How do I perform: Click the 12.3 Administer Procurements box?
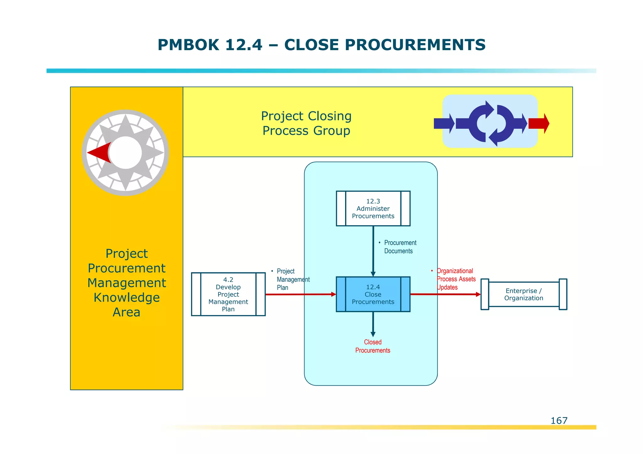tap(373, 208)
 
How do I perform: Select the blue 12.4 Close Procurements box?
tap(373, 294)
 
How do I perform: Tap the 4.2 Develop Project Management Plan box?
tap(228, 294)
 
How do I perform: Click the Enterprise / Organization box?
tap(524, 294)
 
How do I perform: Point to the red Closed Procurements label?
tap(373, 346)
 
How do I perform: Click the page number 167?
tap(559, 421)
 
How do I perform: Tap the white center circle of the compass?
tap(126, 153)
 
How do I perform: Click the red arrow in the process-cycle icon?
tap(539, 123)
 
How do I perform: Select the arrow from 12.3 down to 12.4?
tap(373, 251)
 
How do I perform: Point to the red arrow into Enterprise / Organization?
tap(446, 294)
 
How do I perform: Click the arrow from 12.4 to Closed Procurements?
tap(373, 324)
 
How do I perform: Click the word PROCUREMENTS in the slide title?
tap(416, 45)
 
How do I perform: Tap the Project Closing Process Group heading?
tap(306, 123)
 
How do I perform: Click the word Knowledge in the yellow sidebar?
tap(127, 297)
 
